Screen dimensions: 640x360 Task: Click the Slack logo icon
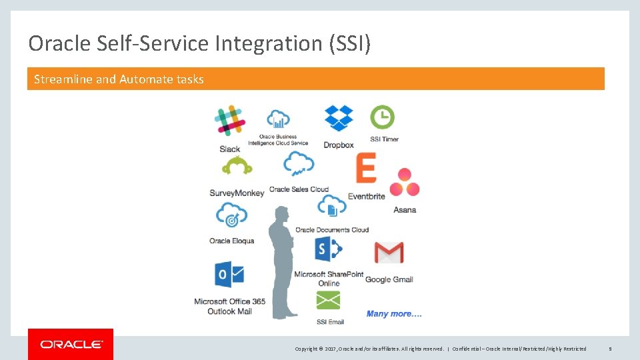click(x=229, y=121)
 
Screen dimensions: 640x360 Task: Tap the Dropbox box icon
click(x=339, y=118)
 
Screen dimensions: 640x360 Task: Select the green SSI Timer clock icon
click(x=382, y=117)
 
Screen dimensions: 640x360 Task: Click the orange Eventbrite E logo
click(x=365, y=168)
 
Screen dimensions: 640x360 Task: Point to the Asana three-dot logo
click(x=404, y=183)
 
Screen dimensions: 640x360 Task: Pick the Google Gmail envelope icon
click(x=389, y=253)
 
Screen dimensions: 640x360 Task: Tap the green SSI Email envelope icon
click(x=328, y=301)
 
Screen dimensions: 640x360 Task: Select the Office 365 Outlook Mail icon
click(x=229, y=275)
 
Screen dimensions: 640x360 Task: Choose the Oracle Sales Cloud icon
click(x=298, y=163)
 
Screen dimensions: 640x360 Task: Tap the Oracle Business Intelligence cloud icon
click(x=278, y=120)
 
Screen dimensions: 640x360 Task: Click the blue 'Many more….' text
click(x=394, y=314)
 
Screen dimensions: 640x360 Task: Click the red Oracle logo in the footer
click(x=71, y=344)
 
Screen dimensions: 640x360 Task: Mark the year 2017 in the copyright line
click(x=331, y=349)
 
